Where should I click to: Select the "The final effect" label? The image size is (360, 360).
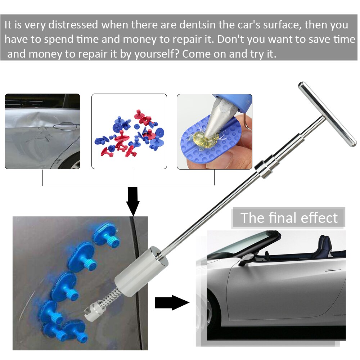tap(289, 218)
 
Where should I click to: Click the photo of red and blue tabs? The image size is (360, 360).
tap(129, 131)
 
